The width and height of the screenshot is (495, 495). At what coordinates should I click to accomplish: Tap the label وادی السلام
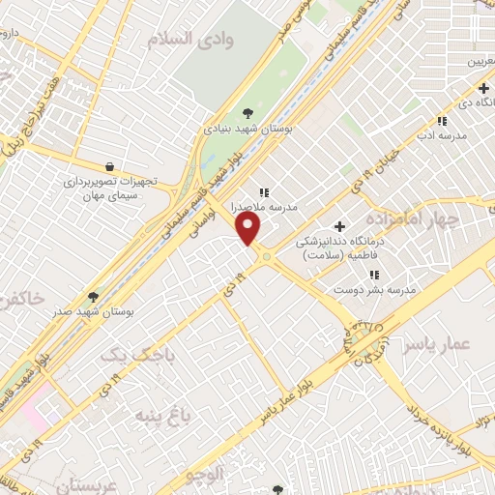point(189,39)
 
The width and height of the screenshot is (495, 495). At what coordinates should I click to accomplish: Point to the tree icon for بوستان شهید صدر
point(94,297)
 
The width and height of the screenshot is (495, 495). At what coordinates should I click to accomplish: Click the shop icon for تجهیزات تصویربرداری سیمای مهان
point(109,166)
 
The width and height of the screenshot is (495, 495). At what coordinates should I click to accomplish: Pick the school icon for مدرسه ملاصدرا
point(263,192)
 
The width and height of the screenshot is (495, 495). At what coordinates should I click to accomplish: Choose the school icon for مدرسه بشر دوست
point(374,276)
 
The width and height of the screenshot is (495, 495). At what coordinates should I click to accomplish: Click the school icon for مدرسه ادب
point(442,122)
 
